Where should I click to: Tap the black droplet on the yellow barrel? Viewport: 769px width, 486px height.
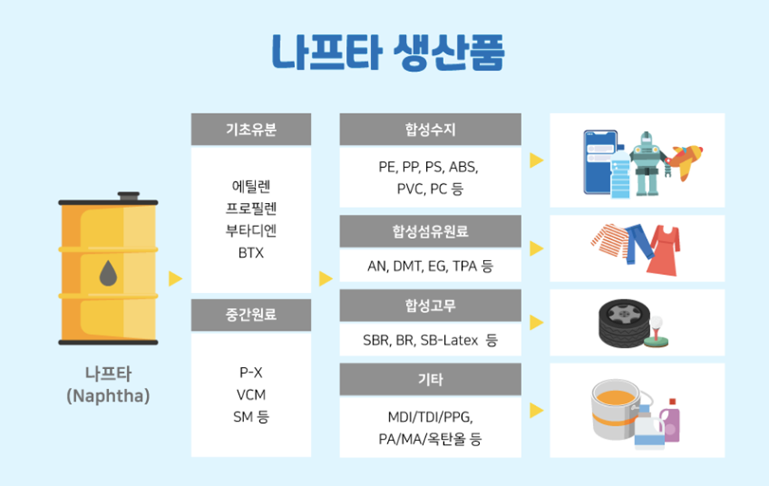[109, 273]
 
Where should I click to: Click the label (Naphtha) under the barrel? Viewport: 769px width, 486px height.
[108, 395]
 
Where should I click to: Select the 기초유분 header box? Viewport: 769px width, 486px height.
[251, 129]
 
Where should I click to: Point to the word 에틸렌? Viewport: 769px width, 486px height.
[251, 184]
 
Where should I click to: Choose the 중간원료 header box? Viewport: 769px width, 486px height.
[251, 315]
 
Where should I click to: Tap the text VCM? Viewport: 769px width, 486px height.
[251, 395]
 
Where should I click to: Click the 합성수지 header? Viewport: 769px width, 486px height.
[430, 129]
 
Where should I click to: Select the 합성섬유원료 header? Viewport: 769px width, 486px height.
[430, 231]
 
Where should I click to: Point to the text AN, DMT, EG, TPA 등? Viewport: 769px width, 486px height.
[430, 266]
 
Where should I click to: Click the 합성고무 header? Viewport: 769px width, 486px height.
[430, 305]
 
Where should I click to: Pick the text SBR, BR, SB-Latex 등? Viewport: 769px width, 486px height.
[430, 340]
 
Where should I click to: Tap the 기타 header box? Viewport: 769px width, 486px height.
[430, 379]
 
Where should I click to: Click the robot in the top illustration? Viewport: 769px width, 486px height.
[646, 162]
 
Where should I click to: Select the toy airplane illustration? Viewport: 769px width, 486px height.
[686, 160]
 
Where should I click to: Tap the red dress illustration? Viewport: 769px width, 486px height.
[665, 249]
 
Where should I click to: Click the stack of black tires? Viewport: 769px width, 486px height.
[618, 322]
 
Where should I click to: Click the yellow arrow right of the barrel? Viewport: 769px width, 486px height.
[175, 279]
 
